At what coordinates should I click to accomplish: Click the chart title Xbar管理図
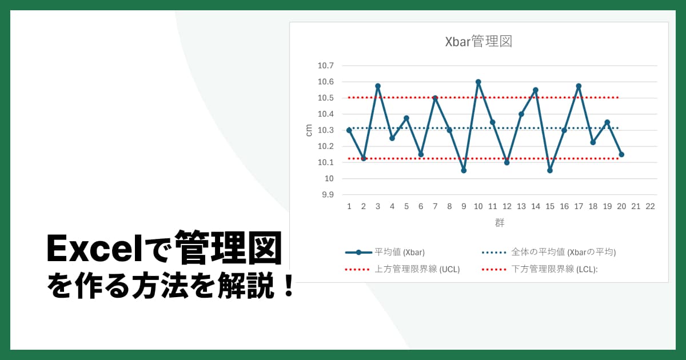click(x=478, y=42)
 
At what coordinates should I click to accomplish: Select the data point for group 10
click(x=478, y=82)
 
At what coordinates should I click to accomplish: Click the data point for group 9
click(x=464, y=170)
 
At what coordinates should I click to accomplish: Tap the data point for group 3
click(x=378, y=86)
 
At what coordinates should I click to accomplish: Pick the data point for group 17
click(x=579, y=86)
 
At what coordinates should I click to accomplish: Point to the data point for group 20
click(x=621, y=154)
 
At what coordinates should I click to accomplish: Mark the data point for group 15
click(x=550, y=170)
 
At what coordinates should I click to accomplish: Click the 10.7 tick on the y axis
click(x=325, y=66)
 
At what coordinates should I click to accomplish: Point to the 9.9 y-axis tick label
click(x=328, y=195)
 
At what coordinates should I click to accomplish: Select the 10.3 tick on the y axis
click(x=325, y=130)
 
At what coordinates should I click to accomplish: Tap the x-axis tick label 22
click(x=650, y=206)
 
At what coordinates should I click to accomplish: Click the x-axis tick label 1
click(x=349, y=206)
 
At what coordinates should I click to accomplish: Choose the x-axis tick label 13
click(x=521, y=206)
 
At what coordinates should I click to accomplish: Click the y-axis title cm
click(x=309, y=130)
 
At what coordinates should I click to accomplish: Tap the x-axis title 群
click(x=500, y=223)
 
